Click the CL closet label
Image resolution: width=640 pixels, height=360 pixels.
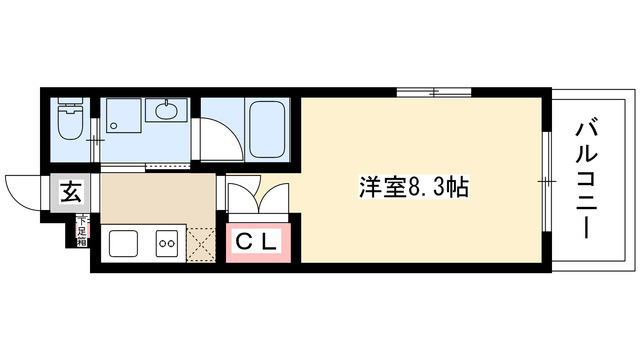256,241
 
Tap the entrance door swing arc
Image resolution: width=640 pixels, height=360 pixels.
26,189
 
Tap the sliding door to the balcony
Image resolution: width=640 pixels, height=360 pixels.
548,180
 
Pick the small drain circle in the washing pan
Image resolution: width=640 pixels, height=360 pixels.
113,126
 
